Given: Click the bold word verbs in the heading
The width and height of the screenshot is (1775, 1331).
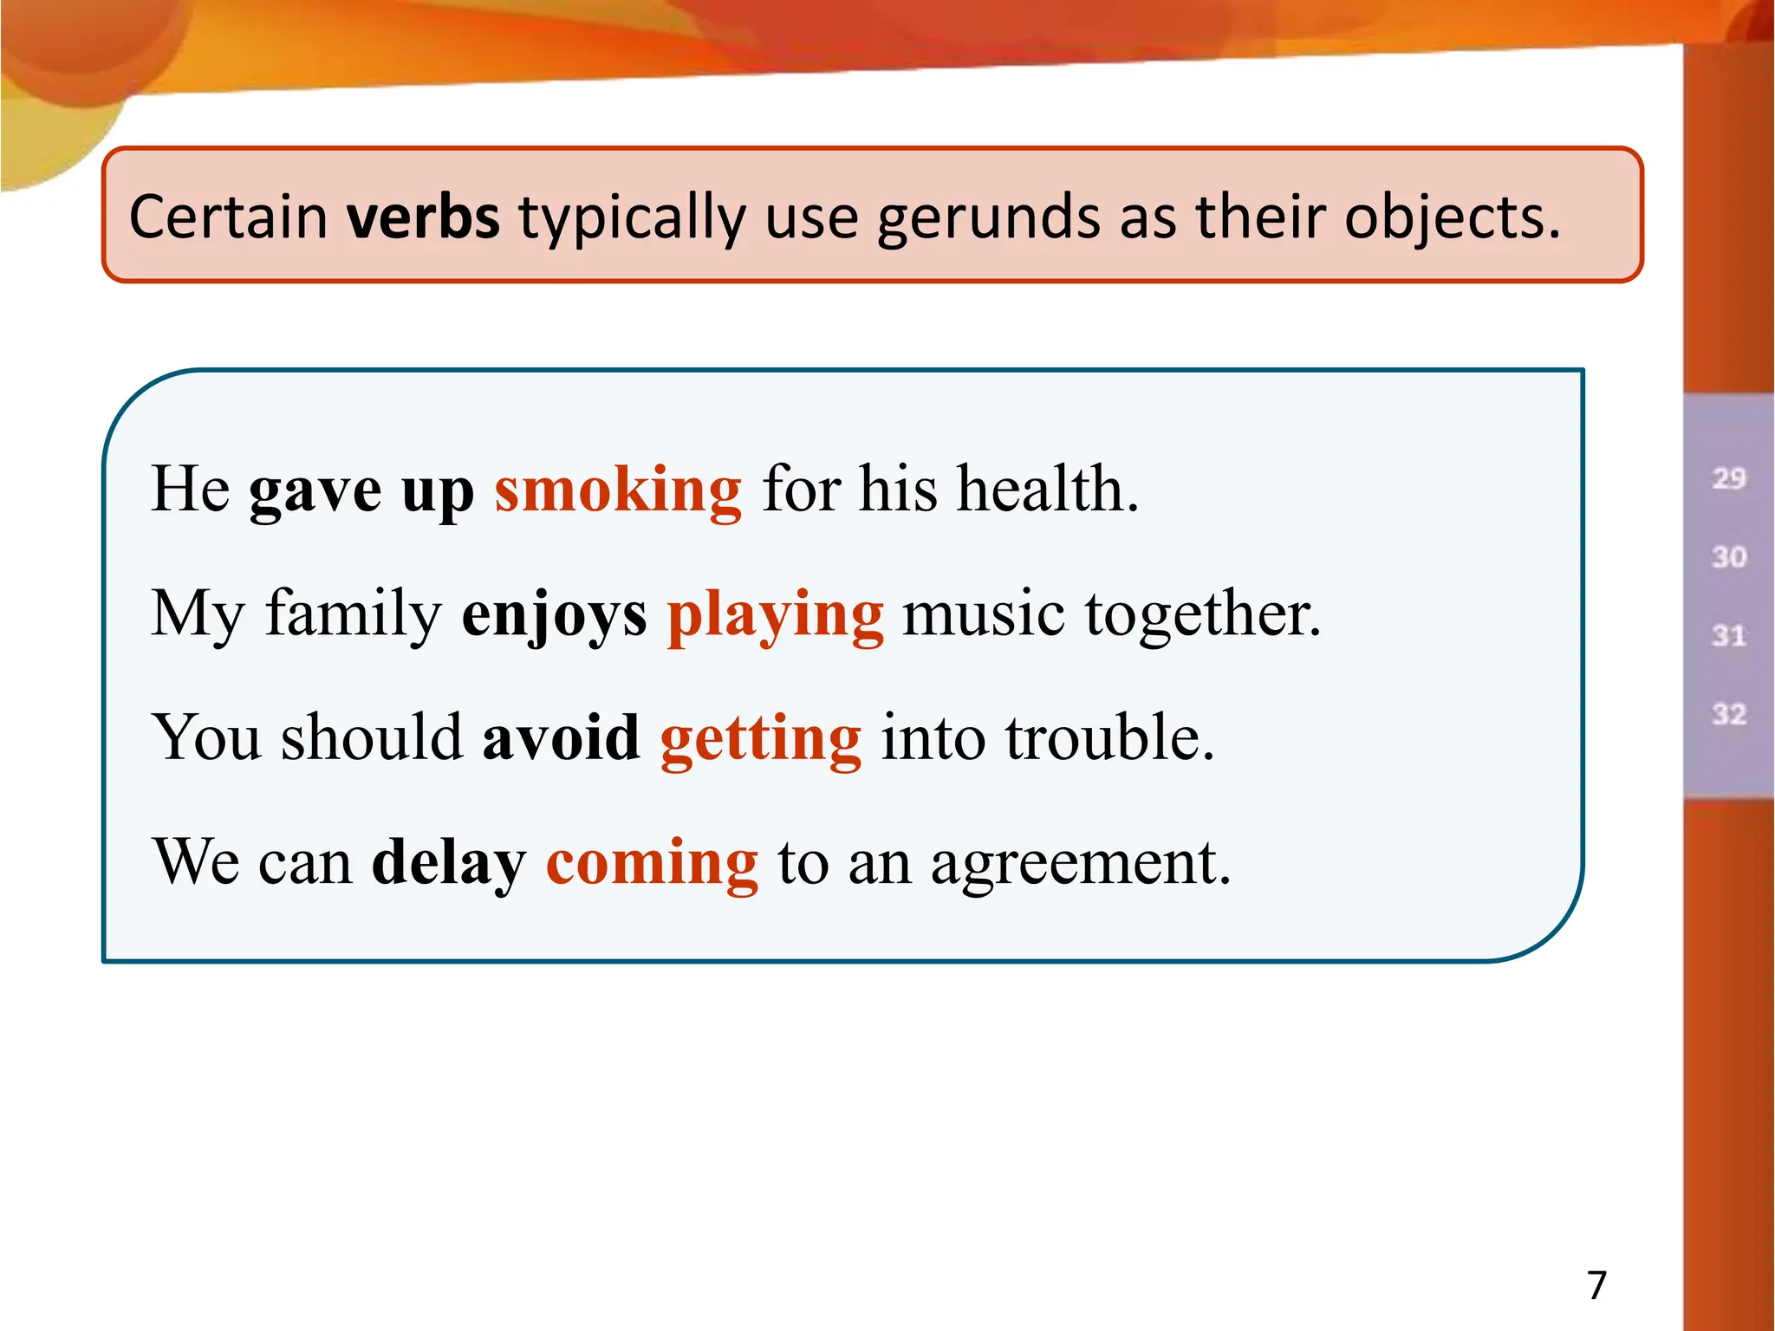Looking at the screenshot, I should (x=423, y=217).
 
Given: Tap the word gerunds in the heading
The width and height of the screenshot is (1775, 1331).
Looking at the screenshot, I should (x=988, y=218).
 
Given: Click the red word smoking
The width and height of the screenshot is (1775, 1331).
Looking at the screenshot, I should (x=618, y=490).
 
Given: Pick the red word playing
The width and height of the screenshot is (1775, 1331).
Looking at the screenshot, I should (x=776, y=615).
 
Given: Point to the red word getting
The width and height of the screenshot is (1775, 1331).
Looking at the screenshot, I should (x=761, y=738).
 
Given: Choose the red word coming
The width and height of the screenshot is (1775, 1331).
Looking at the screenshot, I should (x=652, y=863).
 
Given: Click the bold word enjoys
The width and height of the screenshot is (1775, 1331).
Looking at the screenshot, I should (x=555, y=615).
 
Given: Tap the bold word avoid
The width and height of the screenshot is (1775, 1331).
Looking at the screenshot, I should (x=561, y=738).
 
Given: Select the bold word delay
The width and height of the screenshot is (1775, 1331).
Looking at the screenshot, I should (x=449, y=863).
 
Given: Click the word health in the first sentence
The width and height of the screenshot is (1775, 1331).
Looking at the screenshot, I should (x=1047, y=490).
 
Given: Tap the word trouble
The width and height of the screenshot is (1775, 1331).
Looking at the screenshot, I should (x=1109, y=738).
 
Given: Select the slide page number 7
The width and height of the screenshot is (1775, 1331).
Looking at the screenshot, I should (x=1596, y=1284).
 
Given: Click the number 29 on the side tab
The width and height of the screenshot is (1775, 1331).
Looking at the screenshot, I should (x=1728, y=478).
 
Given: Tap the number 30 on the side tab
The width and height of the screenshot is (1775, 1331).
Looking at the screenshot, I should (x=1728, y=557).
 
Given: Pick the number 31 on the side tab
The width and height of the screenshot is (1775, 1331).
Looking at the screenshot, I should (x=1728, y=636).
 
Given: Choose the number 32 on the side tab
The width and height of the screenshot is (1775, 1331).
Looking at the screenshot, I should (x=1728, y=715).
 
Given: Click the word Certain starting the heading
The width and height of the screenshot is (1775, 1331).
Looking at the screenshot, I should (x=228, y=217).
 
